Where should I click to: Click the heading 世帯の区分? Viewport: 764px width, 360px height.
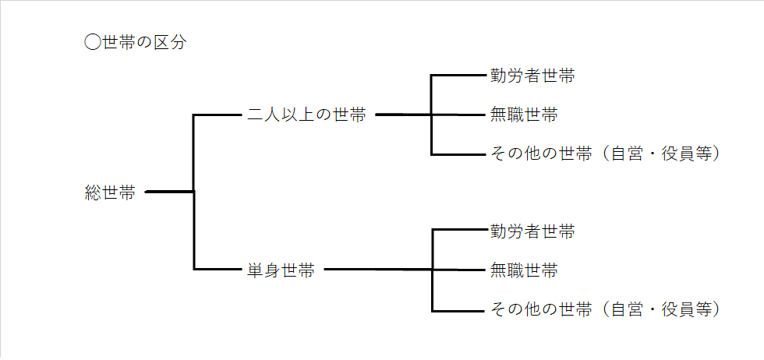tap(144, 42)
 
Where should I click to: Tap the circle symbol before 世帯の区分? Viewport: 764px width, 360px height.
tap(93, 42)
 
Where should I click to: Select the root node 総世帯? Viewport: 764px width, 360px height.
tap(110, 192)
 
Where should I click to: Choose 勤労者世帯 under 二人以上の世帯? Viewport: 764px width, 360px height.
tap(532, 76)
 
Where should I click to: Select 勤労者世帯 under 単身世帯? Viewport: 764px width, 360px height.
tap(532, 231)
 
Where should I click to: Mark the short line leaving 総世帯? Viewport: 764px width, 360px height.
tap(168, 191)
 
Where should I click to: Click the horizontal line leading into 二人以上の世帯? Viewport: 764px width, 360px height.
tap(218, 115)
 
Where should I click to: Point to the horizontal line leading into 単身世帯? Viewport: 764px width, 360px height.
tap(218, 270)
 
